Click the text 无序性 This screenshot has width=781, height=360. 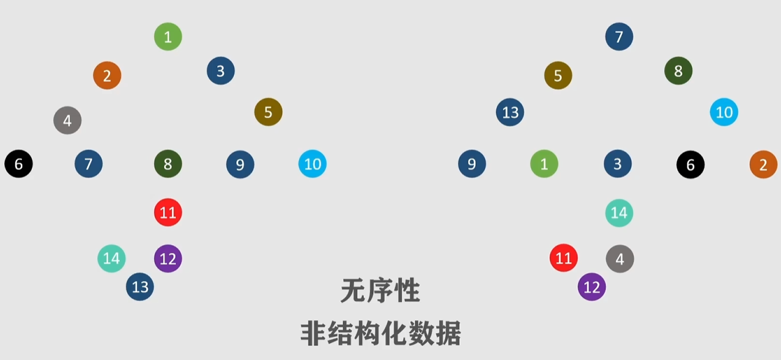pyautogui.click(x=380, y=292)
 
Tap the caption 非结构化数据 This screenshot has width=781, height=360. pyautogui.click(x=380, y=334)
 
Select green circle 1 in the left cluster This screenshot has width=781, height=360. pyautogui.click(x=168, y=37)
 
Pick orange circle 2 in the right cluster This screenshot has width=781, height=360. pyautogui.click(x=763, y=164)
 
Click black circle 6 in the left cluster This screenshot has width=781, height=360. pyautogui.click(x=18, y=164)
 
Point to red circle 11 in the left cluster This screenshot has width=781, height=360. pyautogui.click(x=168, y=213)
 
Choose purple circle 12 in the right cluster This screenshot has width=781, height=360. pyautogui.click(x=591, y=287)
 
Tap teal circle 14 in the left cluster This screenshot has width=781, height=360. pyautogui.click(x=111, y=259)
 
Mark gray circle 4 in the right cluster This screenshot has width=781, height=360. pyautogui.click(x=620, y=259)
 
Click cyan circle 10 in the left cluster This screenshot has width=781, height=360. pyautogui.click(x=312, y=164)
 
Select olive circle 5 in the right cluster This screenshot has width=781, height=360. pyautogui.click(x=558, y=76)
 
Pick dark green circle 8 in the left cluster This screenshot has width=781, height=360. pyautogui.click(x=168, y=164)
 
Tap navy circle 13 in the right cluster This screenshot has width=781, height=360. pyautogui.click(x=510, y=112)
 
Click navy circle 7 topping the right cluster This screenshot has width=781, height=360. pyautogui.click(x=619, y=37)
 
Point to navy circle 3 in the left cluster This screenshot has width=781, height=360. pyautogui.click(x=220, y=71)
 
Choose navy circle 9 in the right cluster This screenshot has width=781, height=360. pyautogui.click(x=472, y=164)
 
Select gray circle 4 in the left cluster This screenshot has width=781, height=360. pyautogui.click(x=67, y=120)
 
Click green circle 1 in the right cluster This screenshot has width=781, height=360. pyautogui.click(x=544, y=164)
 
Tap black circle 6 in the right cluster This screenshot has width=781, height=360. pyautogui.click(x=690, y=164)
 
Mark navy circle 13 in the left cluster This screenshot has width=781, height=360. pyautogui.click(x=140, y=287)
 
